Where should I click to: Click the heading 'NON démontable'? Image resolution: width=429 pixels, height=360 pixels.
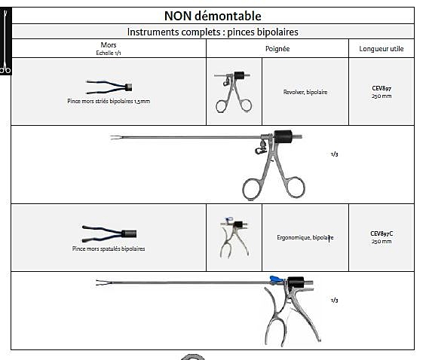tap(213, 16)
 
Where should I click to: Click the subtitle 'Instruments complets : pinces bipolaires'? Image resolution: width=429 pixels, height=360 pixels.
tap(213, 32)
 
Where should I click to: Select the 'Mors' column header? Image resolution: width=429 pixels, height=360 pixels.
tap(109, 45)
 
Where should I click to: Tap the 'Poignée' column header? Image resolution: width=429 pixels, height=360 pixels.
tap(277, 49)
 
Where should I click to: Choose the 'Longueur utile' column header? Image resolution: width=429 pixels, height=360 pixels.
tap(381, 49)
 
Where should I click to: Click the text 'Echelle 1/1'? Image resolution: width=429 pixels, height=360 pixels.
tap(109, 53)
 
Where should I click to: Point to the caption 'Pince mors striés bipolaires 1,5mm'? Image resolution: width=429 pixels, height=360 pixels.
tap(109, 101)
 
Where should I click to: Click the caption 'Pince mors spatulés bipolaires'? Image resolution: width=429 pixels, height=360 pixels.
tap(109, 249)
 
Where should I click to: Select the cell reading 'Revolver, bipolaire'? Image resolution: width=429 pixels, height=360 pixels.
tap(305, 92)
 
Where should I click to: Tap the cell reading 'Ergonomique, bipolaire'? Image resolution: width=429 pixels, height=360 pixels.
tap(305, 237)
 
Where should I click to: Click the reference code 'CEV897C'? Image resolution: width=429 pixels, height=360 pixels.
tap(382, 233)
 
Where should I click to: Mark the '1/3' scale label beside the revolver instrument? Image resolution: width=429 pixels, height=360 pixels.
tap(334, 154)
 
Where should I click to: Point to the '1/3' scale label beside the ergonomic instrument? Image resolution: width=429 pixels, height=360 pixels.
tap(334, 301)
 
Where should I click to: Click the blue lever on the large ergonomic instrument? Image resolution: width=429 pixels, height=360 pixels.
tap(277, 279)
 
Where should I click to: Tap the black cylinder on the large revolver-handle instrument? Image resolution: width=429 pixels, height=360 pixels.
tap(283, 136)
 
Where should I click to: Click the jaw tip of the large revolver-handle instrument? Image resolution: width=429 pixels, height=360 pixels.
tap(111, 137)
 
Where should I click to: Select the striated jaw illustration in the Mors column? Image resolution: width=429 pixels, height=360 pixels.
tap(109, 87)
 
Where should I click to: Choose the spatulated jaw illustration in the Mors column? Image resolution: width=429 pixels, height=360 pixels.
tap(109, 233)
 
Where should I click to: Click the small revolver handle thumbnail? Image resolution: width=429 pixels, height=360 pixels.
tap(234, 92)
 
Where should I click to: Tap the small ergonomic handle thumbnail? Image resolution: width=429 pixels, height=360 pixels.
tap(234, 238)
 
